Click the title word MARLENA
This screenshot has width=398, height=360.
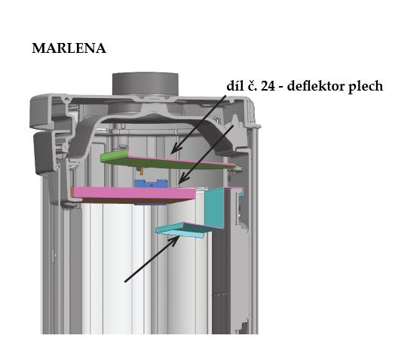pyautogui.click(x=69, y=48)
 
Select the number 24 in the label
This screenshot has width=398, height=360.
pyautogui.click(x=268, y=86)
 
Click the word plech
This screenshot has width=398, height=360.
pyautogui.click(x=366, y=87)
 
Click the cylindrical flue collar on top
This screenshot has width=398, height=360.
pyautogui.click(x=145, y=84)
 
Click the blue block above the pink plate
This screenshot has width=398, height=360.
pyautogui.click(x=152, y=183)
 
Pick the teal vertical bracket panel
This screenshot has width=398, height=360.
pyautogui.click(x=215, y=207)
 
